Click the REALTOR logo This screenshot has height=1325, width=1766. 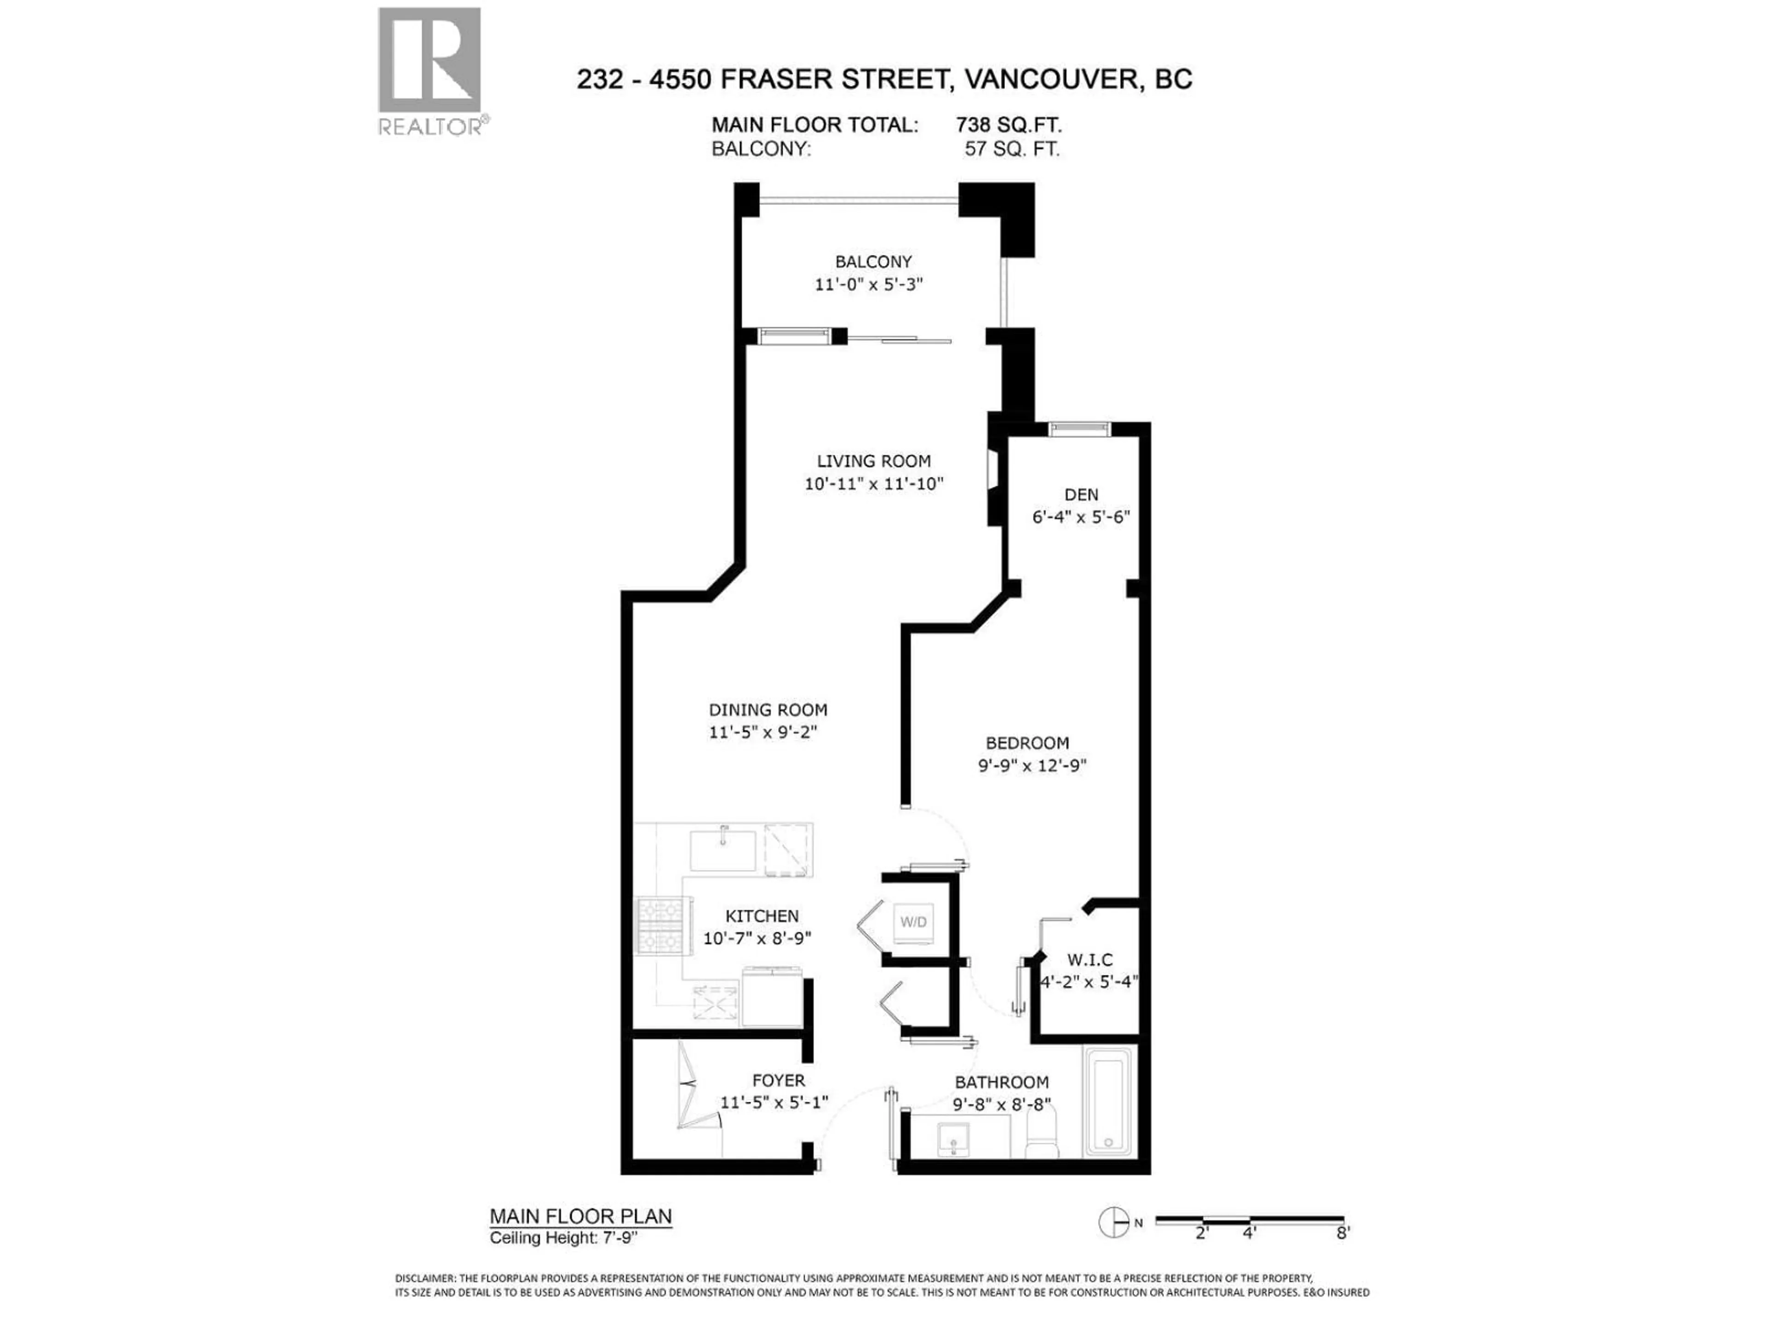click(x=430, y=70)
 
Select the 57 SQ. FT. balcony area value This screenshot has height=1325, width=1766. click(x=1011, y=150)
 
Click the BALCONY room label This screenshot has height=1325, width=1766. click(x=872, y=262)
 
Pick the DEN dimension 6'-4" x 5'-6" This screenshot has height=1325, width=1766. click(x=1081, y=517)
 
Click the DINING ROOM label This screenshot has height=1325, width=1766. click(x=767, y=709)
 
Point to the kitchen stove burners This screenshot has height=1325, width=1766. click(x=661, y=927)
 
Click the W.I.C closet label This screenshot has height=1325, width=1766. click(x=1090, y=959)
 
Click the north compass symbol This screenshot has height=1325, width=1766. click(x=1114, y=1222)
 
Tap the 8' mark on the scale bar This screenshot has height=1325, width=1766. click(x=1343, y=1233)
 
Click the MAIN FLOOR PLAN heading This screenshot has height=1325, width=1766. click(x=580, y=1216)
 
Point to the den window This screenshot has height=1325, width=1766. click(x=1079, y=429)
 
